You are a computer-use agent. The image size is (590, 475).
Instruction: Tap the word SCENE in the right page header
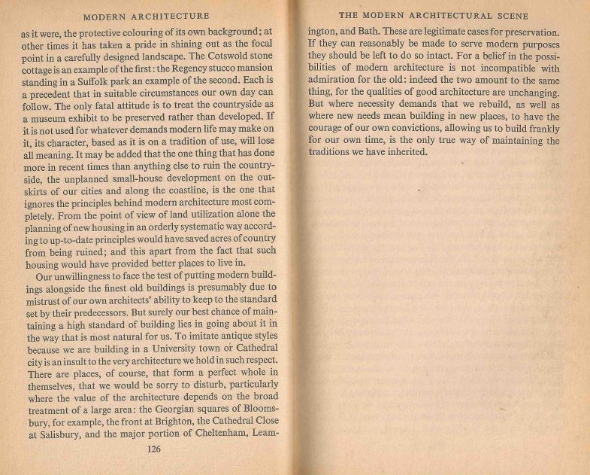(507, 15)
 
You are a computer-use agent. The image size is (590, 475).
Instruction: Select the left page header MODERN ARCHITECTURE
(146, 15)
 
